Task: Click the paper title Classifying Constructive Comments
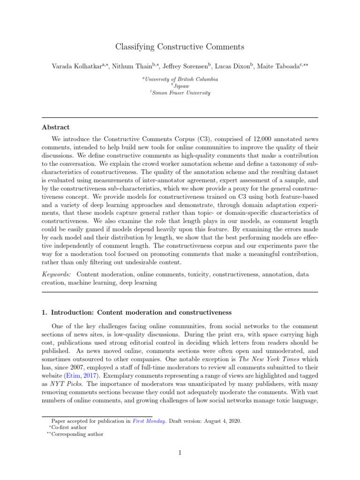(x=180, y=47)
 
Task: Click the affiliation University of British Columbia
(x=181, y=80)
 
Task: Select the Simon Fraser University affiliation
(x=181, y=93)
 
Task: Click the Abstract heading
(x=56, y=127)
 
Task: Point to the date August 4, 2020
(x=223, y=421)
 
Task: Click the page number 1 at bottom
(x=180, y=453)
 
